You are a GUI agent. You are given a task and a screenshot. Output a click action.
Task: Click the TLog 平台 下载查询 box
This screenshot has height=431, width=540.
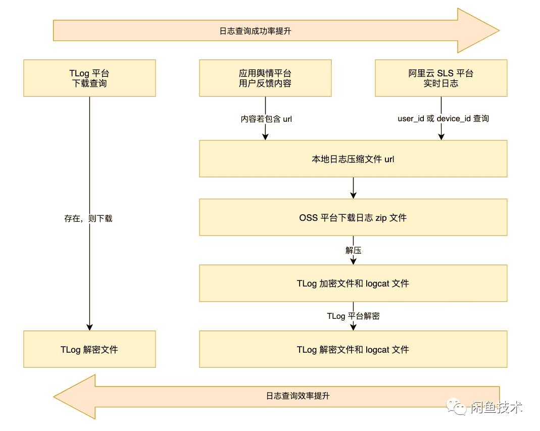coord(89,78)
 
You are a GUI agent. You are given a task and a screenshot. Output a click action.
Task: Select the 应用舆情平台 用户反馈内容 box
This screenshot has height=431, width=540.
coord(265,78)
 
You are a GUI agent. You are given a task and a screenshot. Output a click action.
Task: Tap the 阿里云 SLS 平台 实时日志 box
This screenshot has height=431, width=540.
coord(440,78)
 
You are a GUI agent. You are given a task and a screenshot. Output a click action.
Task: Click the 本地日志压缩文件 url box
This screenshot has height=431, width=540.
coord(353,159)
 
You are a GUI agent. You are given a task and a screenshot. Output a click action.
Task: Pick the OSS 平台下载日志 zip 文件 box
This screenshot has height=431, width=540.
coord(353,218)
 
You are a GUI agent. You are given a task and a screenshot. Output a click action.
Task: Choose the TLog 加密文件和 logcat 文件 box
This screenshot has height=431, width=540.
coord(353,283)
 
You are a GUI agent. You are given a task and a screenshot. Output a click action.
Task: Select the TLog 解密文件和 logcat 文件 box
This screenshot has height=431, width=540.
coord(353,349)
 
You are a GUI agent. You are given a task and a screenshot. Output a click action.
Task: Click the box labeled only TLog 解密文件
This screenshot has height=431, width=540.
coord(89,349)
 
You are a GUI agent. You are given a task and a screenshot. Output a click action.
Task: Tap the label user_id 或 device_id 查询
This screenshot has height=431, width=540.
coord(443,119)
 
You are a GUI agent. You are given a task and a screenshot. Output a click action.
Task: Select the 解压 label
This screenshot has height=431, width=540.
coord(353,251)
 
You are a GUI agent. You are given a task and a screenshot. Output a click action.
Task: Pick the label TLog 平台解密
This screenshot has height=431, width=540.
coord(353,316)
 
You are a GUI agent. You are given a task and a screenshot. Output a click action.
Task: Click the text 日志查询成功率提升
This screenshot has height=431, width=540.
coord(255,31)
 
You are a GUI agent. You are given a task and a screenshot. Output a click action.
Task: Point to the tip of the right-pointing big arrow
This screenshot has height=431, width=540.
coord(498,30)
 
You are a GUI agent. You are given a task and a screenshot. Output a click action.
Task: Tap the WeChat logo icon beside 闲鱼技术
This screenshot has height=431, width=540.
coord(461,407)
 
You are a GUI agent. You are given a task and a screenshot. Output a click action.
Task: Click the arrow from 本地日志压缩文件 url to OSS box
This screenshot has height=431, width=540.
coord(353,188)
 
